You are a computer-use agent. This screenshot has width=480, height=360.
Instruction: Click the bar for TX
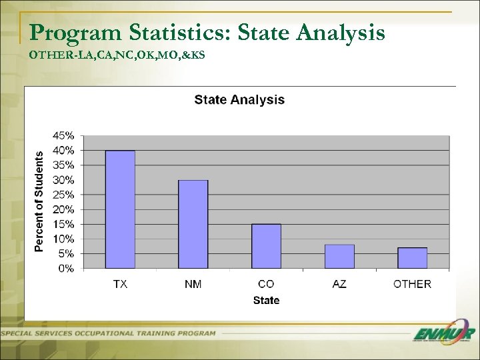(x=120, y=209)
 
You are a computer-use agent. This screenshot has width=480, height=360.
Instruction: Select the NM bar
(x=193, y=224)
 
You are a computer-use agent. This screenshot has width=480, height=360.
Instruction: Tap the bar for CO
(x=266, y=246)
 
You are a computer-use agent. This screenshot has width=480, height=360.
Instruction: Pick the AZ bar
(x=339, y=257)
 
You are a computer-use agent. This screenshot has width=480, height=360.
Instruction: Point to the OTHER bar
(x=412, y=258)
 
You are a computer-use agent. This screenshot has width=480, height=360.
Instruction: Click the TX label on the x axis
(x=120, y=284)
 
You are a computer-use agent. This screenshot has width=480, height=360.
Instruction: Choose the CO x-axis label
(x=266, y=284)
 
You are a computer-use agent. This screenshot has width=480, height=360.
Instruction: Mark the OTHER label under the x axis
(x=412, y=284)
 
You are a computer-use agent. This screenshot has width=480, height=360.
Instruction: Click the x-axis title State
(x=266, y=301)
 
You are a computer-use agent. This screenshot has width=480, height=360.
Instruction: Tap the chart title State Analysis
(x=239, y=100)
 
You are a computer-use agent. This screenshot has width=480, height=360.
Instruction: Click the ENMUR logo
(x=443, y=334)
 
